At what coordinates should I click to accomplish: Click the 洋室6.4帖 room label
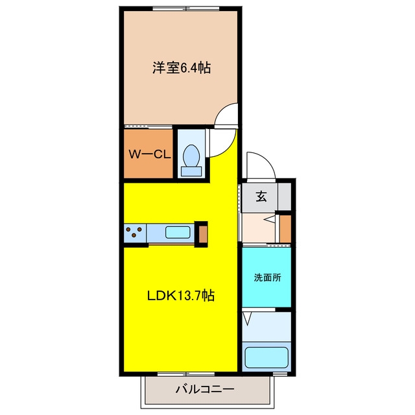(x=182, y=67)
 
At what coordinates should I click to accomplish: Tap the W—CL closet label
(x=150, y=154)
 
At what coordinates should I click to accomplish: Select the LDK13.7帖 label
(x=181, y=296)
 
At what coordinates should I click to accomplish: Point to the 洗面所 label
(x=267, y=278)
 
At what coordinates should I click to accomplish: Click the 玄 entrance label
(x=261, y=196)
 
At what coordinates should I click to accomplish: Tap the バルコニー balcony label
(x=205, y=389)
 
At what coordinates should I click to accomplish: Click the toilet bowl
(x=191, y=156)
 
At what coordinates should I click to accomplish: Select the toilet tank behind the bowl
(x=191, y=172)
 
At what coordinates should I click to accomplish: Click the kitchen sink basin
(x=178, y=232)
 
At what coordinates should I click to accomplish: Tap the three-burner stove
(x=135, y=233)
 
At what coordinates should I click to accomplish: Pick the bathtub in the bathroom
(x=267, y=357)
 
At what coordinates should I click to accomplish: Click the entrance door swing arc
(x=268, y=160)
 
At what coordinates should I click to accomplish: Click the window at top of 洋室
(x=186, y=8)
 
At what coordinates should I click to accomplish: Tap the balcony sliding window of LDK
(x=186, y=374)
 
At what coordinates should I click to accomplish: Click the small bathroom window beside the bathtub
(x=280, y=374)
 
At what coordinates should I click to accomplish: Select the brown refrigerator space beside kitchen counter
(x=203, y=234)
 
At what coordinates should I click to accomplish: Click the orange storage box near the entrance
(x=285, y=229)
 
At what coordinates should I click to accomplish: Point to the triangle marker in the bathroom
(x=247, y=319)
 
